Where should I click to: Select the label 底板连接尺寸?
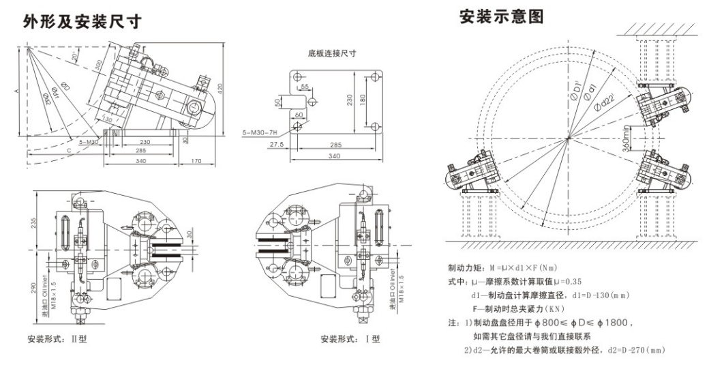click(333, 52)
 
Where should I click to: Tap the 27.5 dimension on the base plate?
click(277, 145)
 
